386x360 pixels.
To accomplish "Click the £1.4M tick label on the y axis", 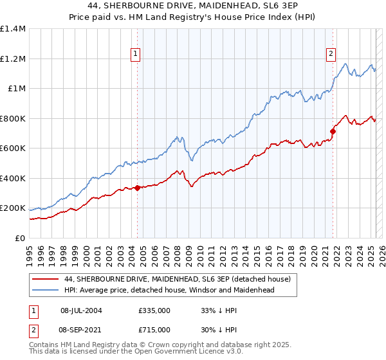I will pyautogui.click(x=14, y=29).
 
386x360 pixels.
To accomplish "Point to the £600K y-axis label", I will pyautogui.click(x=13, y=148).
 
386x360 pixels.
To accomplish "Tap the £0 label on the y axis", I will pyautogui.click(x=19, y=239).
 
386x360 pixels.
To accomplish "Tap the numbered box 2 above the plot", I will pyautogui.click(x=331, y=55).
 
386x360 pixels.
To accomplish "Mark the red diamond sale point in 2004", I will pyautogui.click(x=137, y=188).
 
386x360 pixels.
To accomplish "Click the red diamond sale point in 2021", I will pyautogui.click(x=333, y=131).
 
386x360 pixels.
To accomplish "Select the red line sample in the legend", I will pyautogui.click(x=45, y=279).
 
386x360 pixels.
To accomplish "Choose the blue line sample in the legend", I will pyautogui.click(x=45, y=290).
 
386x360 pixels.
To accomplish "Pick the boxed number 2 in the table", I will pyautogui.click(x=33, y=328).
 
